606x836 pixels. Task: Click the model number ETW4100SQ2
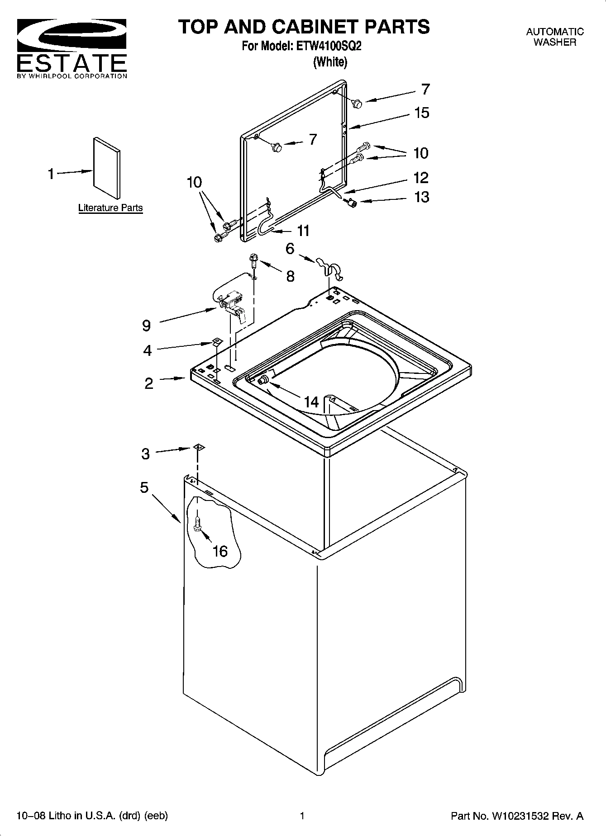point(329,46)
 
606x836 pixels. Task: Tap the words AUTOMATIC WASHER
point(554,37)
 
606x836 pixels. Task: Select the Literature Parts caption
point(110,208)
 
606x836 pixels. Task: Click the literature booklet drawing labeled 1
point(107,167)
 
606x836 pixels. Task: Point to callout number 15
point(421,113)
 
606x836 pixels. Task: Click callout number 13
point(421,197)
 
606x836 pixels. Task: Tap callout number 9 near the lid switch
point(146,325)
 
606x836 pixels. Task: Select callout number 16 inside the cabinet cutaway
point(220,551)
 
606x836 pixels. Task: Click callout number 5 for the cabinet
point(144,487)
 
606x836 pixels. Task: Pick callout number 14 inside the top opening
point(311,401)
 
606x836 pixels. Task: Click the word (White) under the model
point(330,62)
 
